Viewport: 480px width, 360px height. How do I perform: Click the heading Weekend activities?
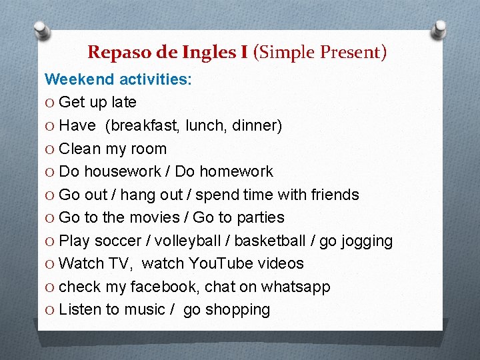tap(118, 79)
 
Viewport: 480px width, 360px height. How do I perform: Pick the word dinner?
tap(256, 125)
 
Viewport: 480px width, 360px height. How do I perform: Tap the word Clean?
tap(80, 149)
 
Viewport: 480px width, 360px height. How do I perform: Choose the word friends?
tap(333, 195)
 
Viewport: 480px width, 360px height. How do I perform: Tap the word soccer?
tap(119, 241)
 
